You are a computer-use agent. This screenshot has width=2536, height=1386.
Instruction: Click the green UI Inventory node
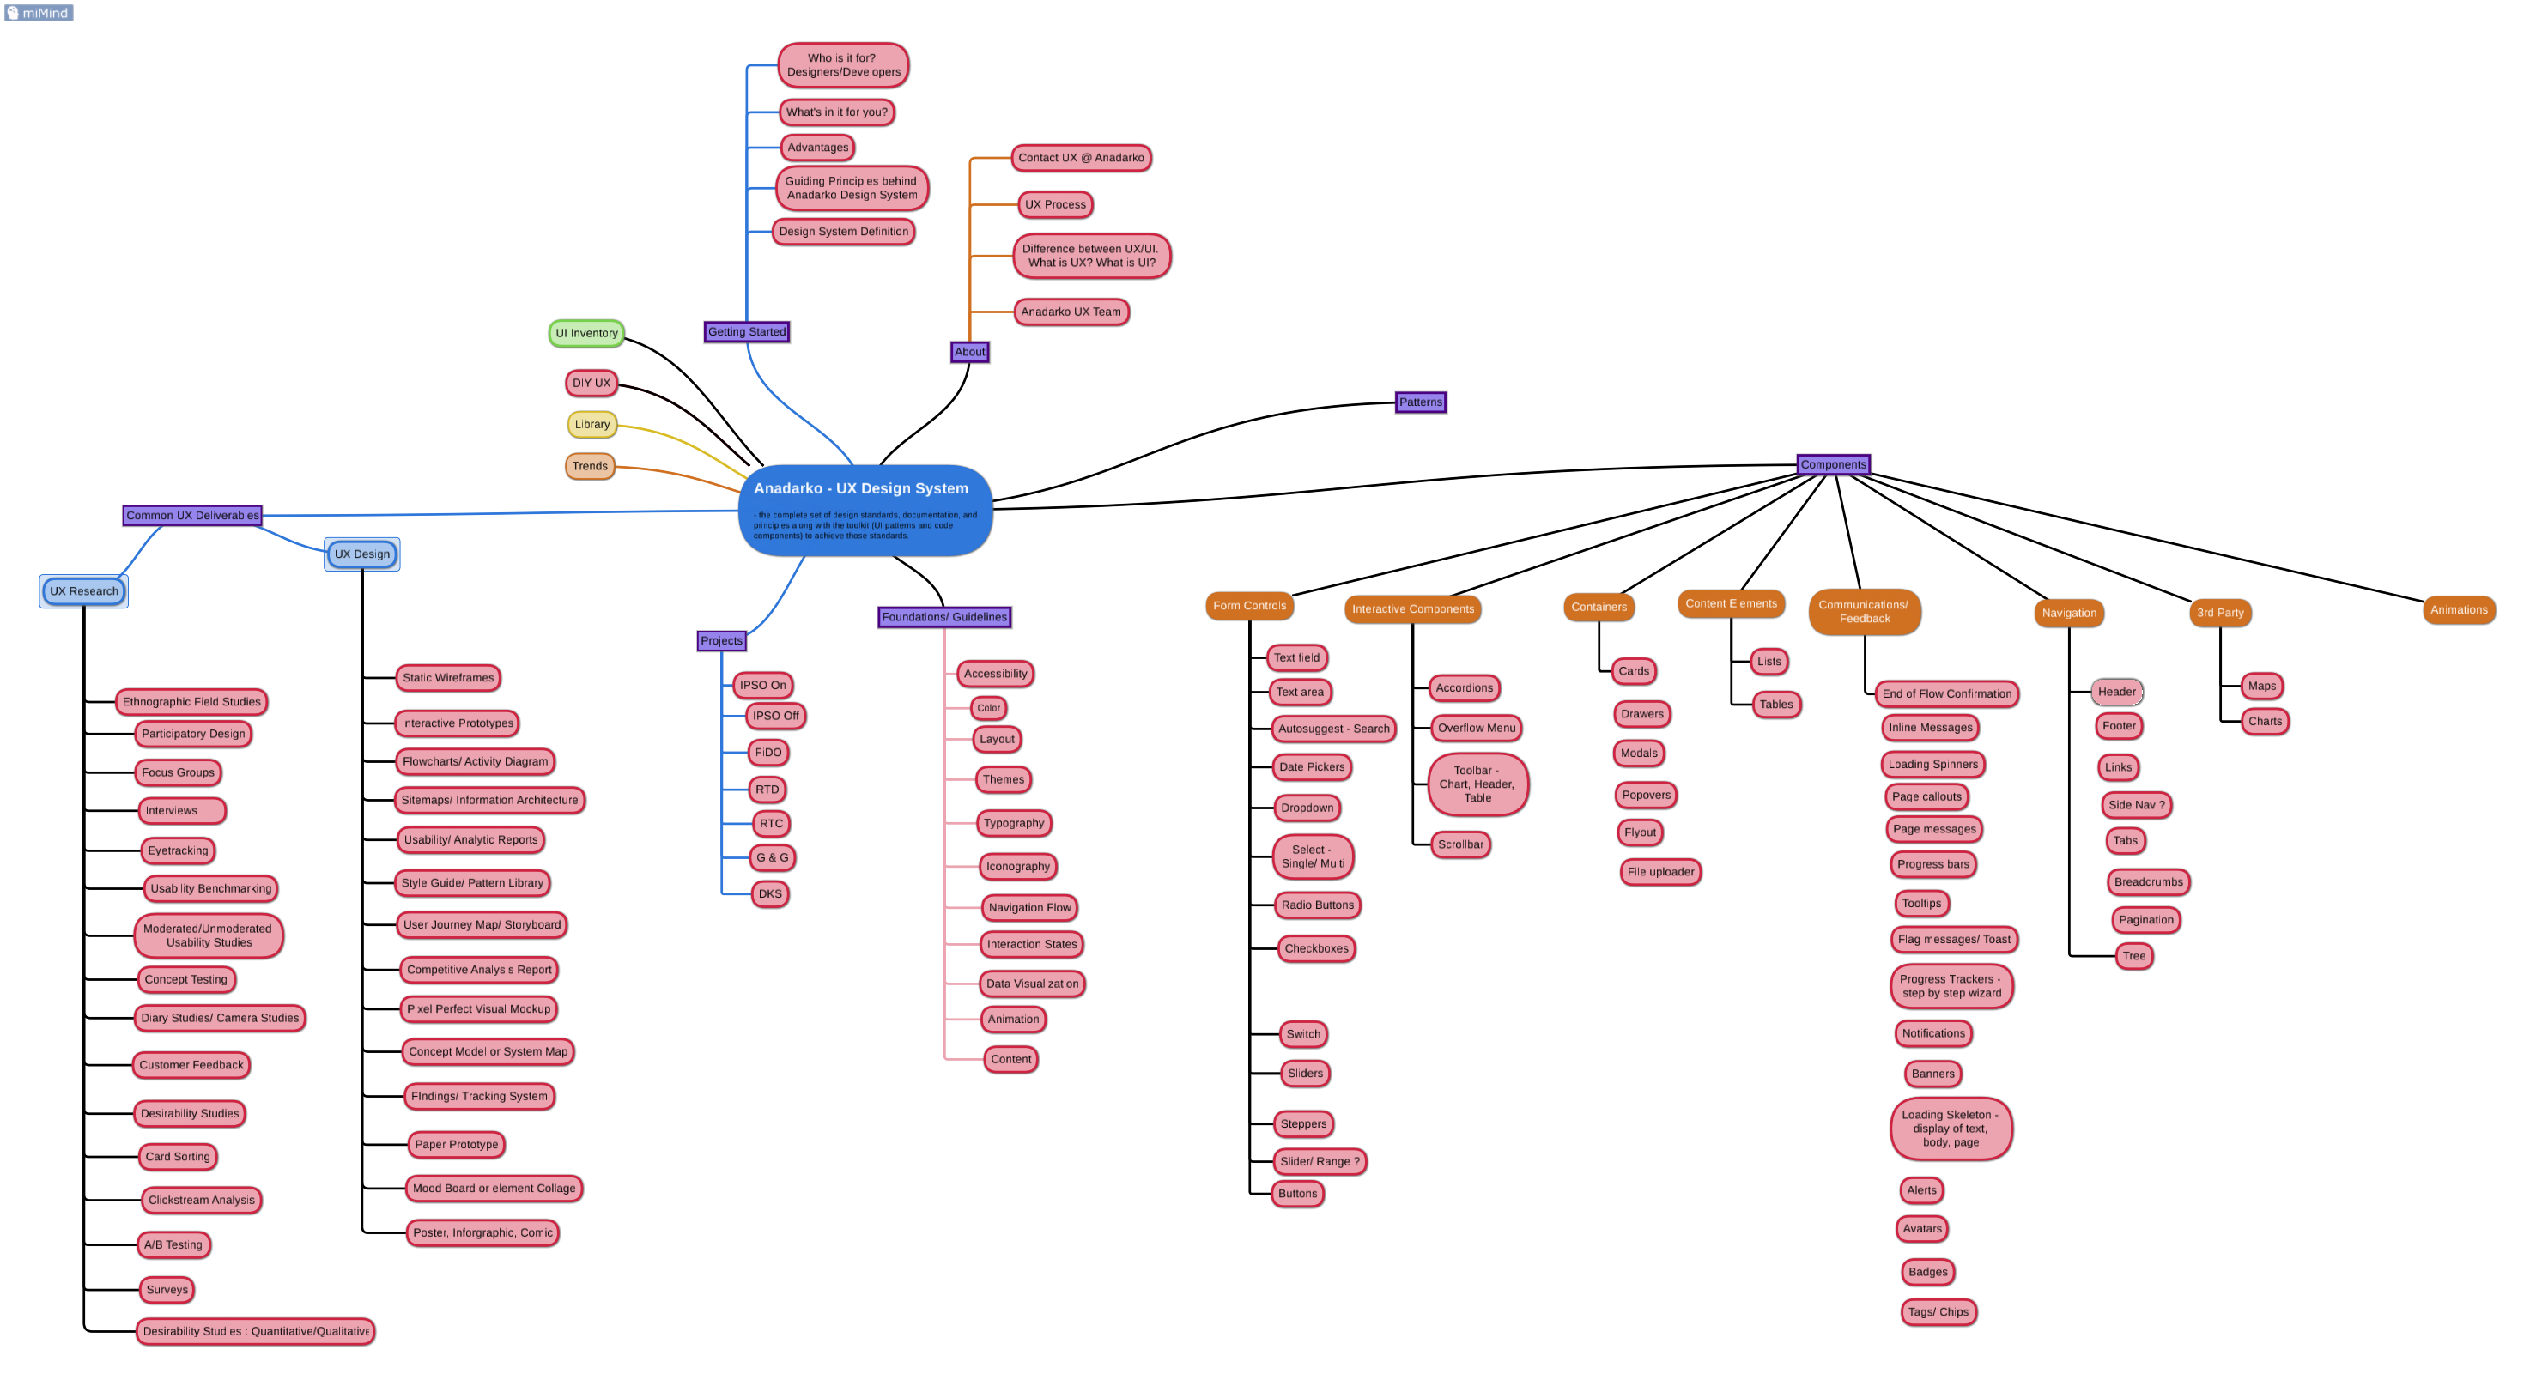pyautogui.click(x=585, y=333)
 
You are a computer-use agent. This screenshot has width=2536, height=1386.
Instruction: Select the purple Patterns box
pyautogui.click(x=1420, y=402)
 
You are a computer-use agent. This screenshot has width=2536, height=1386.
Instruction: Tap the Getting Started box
pyautogui.click(x=746, y=332)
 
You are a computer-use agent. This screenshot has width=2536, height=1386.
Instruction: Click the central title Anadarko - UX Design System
pyautogui.click(x=860, y=488)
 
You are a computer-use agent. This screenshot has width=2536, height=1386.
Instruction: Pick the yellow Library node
pyautogui.click(x=592, y=424)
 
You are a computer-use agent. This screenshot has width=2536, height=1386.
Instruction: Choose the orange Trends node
pyautogui.click(x=590, y=466)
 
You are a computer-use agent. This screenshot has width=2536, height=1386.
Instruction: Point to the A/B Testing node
pyautogui.click(x=173, y=1244)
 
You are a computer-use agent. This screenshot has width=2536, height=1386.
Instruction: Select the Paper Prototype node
pyautogui.click(x=456, y=1144)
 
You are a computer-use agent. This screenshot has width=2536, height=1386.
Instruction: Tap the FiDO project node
pyautogui.click(x=767, y=752)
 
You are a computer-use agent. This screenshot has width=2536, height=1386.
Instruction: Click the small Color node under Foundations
pyautogui.click(x=988, y=708)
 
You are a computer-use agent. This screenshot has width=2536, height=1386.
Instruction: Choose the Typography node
pyautogui.click(x=1013, y=823)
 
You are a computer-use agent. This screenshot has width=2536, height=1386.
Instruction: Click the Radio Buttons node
pyautogui.click(x=1316, y=905)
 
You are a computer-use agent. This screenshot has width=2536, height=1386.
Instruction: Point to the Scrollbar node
pyautogui.click(x=1460, y=844)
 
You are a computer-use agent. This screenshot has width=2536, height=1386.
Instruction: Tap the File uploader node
pyautogui.click(x=1659, y=871)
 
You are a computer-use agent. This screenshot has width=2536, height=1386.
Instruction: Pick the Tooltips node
pyautogui.click(x=1920, y=903)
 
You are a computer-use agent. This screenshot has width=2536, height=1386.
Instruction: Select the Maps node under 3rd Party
pyautogui.click(x=2261, y=686)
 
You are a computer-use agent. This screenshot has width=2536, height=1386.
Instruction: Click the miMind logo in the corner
pyautogui.click(x=39, y=13)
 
